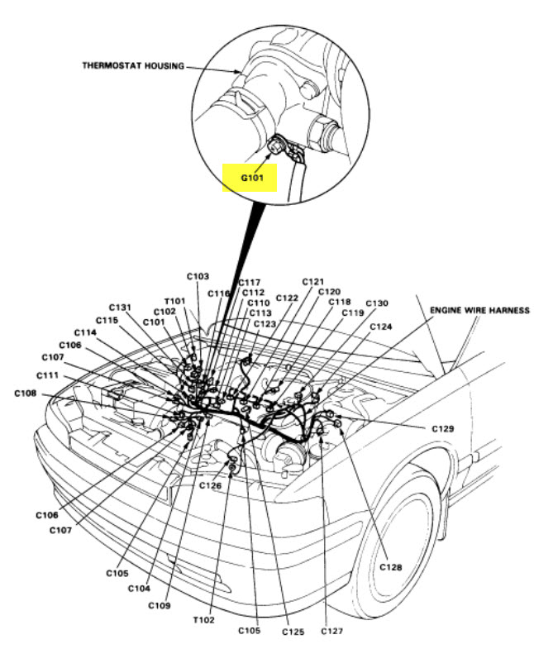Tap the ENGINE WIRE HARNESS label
tap(479, 310)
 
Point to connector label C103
tap(198, 275)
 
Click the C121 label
tap(313, 281)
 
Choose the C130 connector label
tap(376, 303)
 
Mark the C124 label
tap(381, 327)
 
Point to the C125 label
tap(293, 632)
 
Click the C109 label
tap(160, 605)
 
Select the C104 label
tap(140, 588)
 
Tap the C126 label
tap(210, 485)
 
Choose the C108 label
tap(26, 393)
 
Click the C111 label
tap(46, 375)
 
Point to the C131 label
tap(120, 307)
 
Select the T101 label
tap(175, 301)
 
